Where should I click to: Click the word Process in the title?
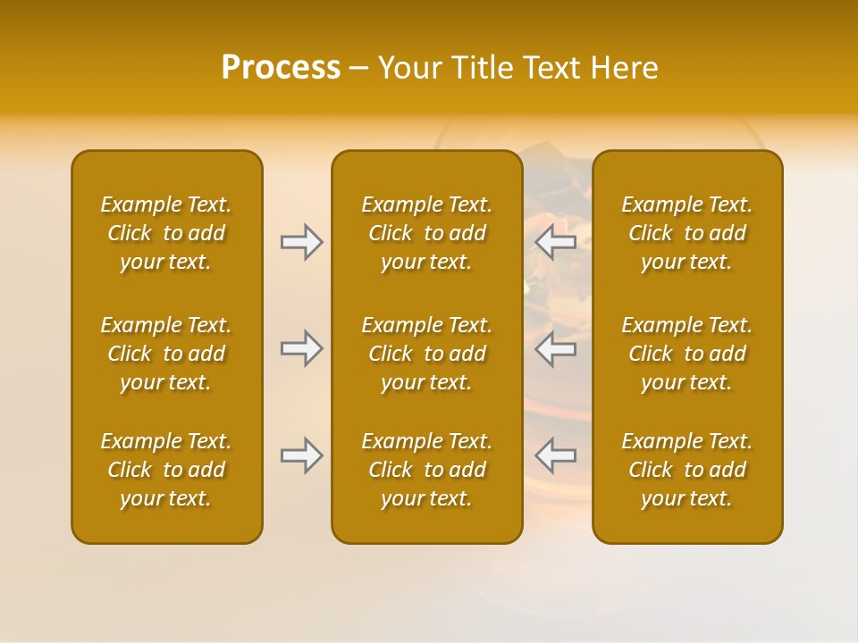pyautogui.click(x=281, y=68)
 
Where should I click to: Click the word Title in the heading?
pyautogui.click(x=483, y=68)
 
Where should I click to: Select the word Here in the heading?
pyautogui.click(x=623, y=68)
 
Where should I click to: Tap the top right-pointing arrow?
pyautogui.click(x=302, y=242)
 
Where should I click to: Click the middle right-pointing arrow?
pyautogui.click(x=302, y=348)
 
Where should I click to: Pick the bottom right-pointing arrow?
pyautogui.click(x=302, y=455)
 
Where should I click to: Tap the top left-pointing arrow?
pyautogui.click(x=555, y=242)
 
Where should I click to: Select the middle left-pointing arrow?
pyautogui.click(x=555, y=348)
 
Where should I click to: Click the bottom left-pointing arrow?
pyautogui.click(x=555, y=455)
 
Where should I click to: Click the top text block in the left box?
pyautogui.click(x=166, y=233)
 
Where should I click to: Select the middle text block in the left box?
pyautogui.click(x=166, y=354)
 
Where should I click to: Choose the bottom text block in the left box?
pyautogui.click(x=166, y=470)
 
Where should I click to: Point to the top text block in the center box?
pyautogui.click(x=426, y=233)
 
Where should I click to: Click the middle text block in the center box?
pyautogui.click(x=426, y=354)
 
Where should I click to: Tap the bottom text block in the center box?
pyautogui.click(x=426, y=470)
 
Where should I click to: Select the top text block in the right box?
pyautogui.click(x=686, y=233)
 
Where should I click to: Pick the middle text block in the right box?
pyautogui.click(x=686, y=354)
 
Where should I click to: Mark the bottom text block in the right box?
pyautogui.click(x=686, y=470)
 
